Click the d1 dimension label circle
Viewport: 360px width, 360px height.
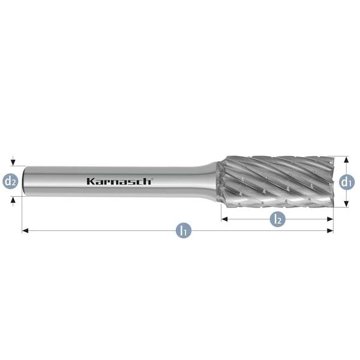pyautogui.click(x=347, y=181)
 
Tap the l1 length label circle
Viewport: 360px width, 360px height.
pyautogui.click(x=184, y=230)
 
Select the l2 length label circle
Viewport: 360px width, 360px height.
pyautogui.click(x=277, y=219)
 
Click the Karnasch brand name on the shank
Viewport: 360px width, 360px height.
pyautogui.click(x=119, y=181)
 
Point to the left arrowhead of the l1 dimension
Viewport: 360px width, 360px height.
pyautogui.click(x=25, y=230)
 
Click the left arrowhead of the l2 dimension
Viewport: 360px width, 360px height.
pyautogui.click(x=224, y=219)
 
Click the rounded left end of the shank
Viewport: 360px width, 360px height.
pyautogui.click(x=24, y=181)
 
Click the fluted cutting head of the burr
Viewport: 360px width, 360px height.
pyautogui.click(x=276, y=180)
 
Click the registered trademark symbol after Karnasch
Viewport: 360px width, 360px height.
pyautogui.click(x=152, y=178)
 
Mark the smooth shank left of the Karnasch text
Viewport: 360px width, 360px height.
pyautogui.click(x=54, y=181)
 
